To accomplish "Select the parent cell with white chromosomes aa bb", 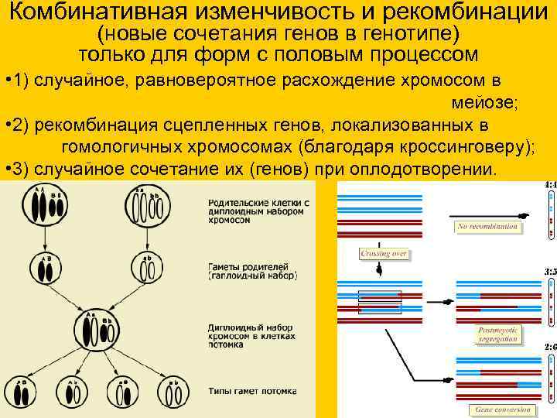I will (x=147, y=207).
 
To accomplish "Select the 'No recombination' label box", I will (x=487, y=227).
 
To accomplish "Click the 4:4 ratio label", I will (x=550, y=186).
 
